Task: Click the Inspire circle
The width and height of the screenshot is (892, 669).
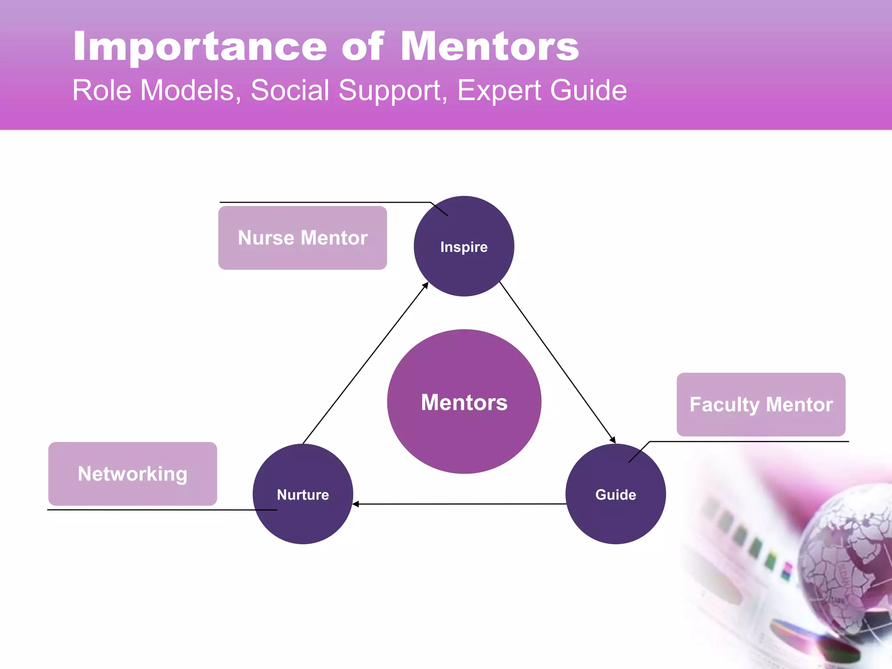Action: [464, 246]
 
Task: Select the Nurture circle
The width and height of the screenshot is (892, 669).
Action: [303, 494]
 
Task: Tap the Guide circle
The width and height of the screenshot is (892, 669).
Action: [615, 494]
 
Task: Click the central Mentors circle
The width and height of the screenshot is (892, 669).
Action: [464, 402]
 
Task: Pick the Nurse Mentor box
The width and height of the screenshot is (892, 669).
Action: [302, 238]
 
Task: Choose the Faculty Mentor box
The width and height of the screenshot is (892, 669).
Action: [761, 405]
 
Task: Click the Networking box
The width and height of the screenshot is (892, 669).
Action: [132, 474]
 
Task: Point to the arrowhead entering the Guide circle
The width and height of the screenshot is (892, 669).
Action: [613, 440]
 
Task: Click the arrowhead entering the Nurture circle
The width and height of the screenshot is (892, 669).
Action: [355, 504]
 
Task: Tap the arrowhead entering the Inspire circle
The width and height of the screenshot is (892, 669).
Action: [426, 285]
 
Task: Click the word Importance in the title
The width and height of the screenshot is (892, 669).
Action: [200, 47]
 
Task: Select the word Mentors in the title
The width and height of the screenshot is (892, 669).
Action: [490, 46]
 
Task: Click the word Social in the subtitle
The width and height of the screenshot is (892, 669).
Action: [290, 91]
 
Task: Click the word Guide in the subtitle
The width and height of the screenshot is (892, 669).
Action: [588, 91]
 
